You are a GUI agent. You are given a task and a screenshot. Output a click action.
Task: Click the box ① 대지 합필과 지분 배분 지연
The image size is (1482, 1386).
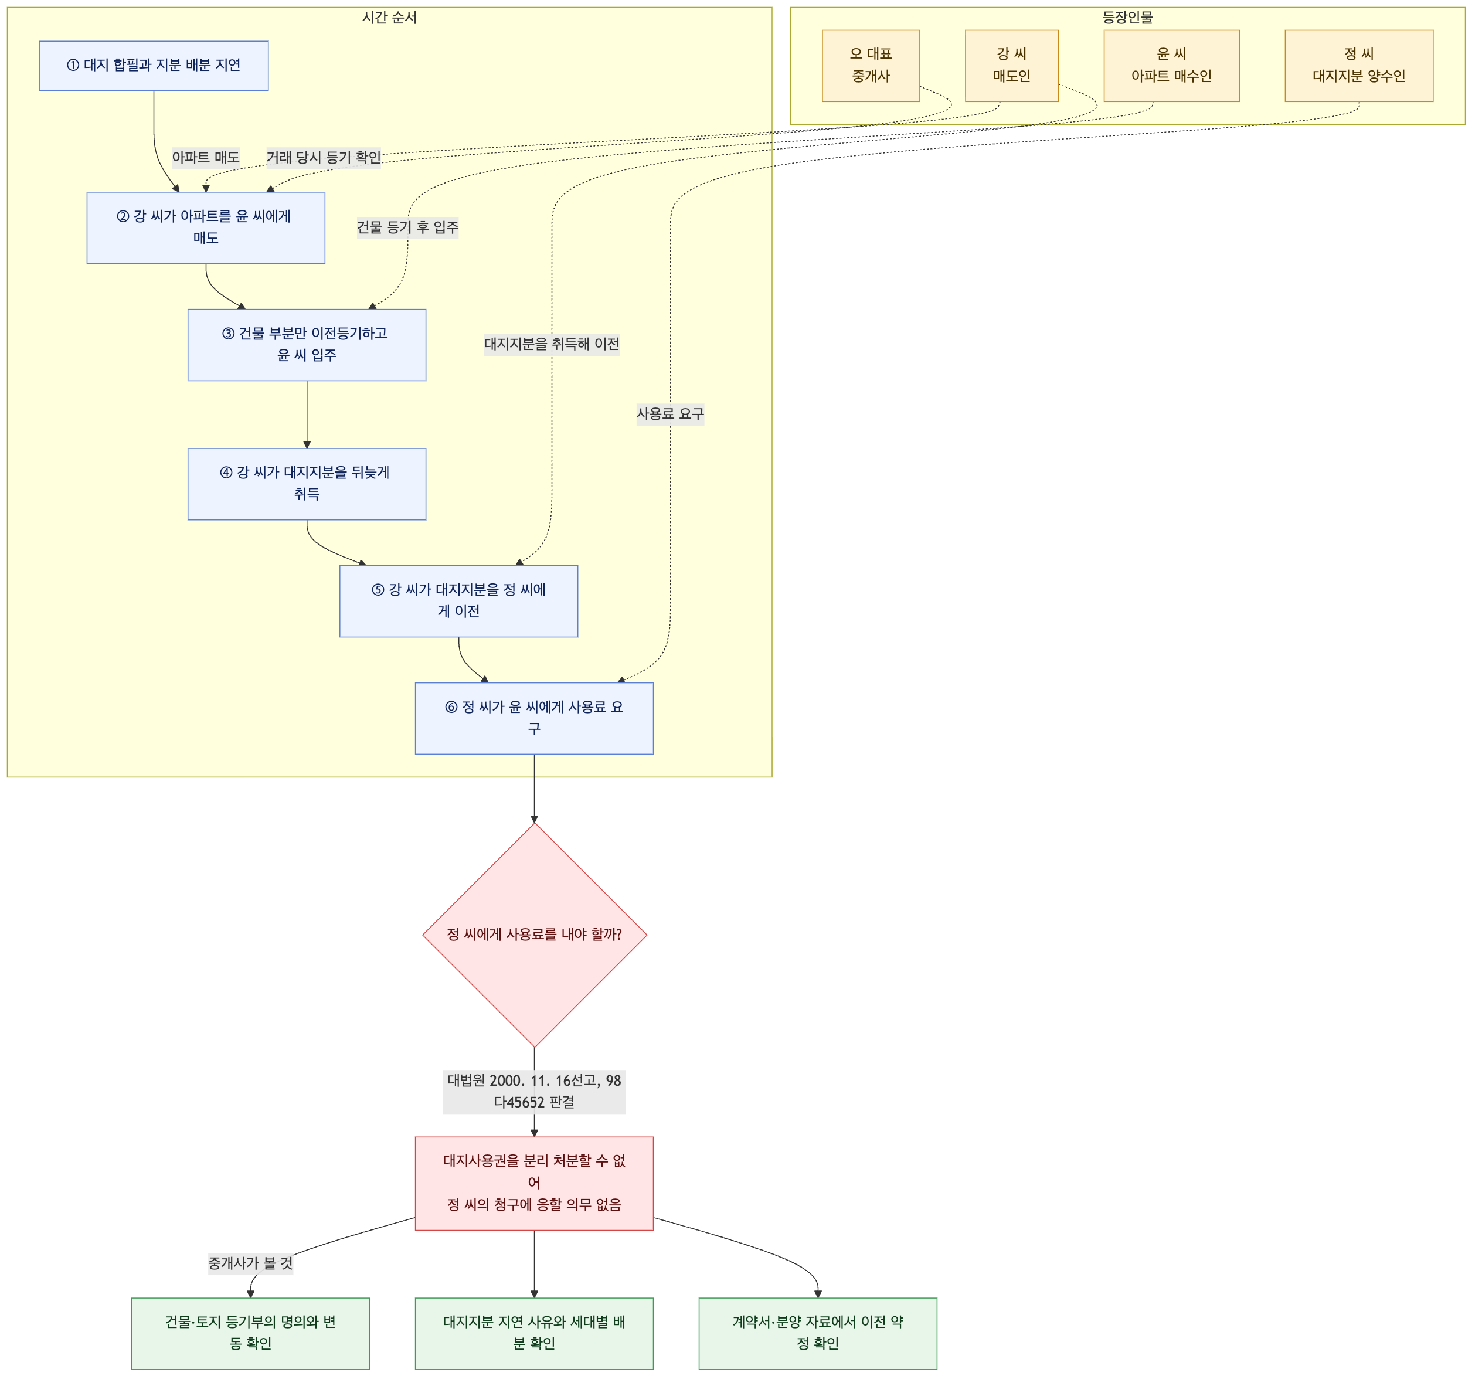154,66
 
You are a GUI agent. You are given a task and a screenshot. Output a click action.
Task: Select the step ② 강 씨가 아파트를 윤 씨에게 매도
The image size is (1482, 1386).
206,227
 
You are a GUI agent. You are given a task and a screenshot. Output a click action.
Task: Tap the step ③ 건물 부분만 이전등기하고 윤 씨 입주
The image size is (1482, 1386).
307,345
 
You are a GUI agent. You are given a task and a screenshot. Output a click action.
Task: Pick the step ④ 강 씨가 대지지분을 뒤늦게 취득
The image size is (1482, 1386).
307,484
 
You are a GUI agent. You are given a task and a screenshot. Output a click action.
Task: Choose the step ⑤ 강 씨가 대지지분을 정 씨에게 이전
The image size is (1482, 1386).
458,601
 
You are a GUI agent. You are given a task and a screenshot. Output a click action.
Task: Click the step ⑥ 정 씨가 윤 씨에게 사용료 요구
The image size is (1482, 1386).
533,718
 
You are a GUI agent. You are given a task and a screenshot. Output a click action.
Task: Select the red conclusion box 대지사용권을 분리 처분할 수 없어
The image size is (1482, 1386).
533,1183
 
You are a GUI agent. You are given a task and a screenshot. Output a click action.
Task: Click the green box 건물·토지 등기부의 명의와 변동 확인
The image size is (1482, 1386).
250,1333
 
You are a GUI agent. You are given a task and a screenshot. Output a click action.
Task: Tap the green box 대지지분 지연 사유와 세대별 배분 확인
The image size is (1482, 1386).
533,1333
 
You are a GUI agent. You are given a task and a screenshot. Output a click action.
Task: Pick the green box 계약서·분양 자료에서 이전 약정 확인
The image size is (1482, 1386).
818,1333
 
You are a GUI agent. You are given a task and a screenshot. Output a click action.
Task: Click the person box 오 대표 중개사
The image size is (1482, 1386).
871,66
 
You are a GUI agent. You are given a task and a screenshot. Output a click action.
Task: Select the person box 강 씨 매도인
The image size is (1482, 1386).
1012,66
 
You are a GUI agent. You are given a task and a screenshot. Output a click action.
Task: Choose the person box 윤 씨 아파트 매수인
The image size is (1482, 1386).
1171,66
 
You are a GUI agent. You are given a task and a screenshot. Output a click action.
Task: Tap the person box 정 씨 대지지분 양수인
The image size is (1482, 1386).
1359,66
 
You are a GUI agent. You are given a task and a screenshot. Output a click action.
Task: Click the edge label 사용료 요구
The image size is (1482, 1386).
670,414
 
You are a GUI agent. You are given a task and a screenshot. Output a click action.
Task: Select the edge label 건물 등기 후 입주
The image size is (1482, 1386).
408,227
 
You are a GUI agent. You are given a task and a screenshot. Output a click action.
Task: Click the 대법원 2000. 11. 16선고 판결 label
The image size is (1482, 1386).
533,1091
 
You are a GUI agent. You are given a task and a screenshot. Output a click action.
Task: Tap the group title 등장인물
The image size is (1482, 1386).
1127,17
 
